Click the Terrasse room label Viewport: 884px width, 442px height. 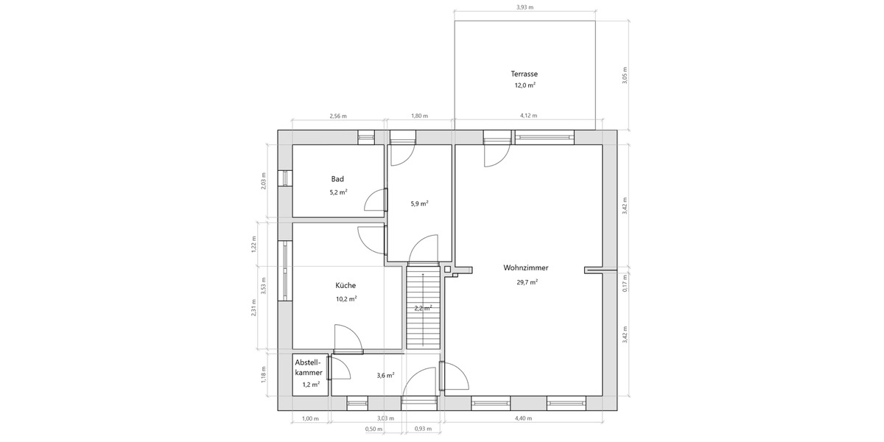pos(525,74)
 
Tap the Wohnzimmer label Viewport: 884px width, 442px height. pos(526,268)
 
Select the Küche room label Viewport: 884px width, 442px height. pos(345,286)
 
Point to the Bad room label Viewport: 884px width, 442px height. pos(337,179)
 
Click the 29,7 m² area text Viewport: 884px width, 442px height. pos(526,282)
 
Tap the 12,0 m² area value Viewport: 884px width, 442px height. pos(525,85)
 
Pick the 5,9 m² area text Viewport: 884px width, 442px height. pos(419,204)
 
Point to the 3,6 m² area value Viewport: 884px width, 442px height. pos(385,376)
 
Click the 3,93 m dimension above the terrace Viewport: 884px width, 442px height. pos(525,7)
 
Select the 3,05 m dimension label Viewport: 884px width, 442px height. pos(625,76)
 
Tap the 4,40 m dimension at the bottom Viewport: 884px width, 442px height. pos(523,418)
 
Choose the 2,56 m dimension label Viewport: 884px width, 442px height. pos(338,116)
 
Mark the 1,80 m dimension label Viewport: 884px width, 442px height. pos(419,116)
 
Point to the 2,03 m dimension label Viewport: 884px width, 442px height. pos(264,180)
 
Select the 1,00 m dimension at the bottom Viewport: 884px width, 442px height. pos(311,418)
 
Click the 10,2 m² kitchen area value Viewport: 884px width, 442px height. pos(346,299)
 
